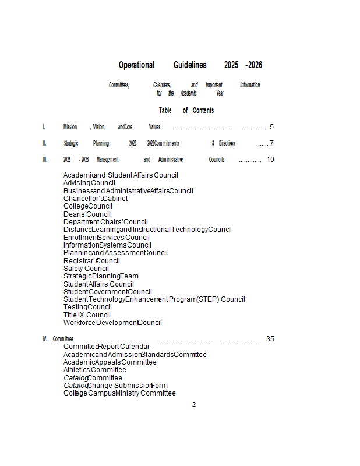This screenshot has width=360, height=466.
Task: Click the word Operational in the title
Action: pos(136,65)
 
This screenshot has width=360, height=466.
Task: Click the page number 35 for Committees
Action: pos(270,339)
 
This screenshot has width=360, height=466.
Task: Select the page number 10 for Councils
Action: pos(270,160)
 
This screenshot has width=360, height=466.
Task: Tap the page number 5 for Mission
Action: pos(271,127)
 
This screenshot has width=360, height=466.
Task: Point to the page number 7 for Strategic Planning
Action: pos(271,143)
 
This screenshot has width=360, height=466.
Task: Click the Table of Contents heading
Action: pos(186,111)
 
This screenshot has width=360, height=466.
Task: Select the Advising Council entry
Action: pos(89,183)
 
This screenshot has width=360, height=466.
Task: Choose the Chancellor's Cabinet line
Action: pos(96,199)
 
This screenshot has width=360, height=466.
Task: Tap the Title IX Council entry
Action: pos(87,315)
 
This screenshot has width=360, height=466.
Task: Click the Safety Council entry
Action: pos(86,269)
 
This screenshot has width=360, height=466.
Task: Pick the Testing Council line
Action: pos(87,307)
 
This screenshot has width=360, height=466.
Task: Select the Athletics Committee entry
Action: pos(94,370)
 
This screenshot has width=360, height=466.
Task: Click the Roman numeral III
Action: pos(45,160)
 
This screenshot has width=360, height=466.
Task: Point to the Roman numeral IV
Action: pos(45,339)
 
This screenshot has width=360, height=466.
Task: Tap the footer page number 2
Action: pos(194,404)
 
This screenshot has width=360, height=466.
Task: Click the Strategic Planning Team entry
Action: pos(101,276)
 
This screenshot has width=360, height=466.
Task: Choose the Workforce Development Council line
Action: pos(112,323)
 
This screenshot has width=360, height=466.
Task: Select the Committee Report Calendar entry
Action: pos(107,347)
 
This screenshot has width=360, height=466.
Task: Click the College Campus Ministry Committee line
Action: pos(119,393)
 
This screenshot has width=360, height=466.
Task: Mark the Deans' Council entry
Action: pos(87,214)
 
